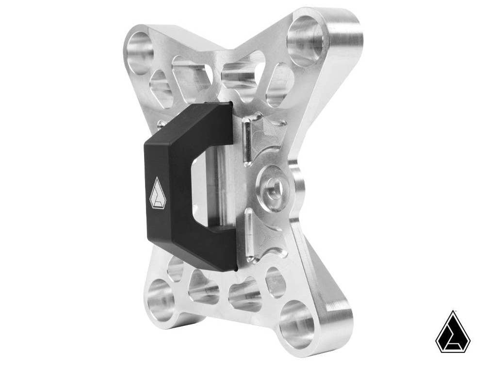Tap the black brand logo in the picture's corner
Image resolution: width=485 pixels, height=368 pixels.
[x=453, y=332]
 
